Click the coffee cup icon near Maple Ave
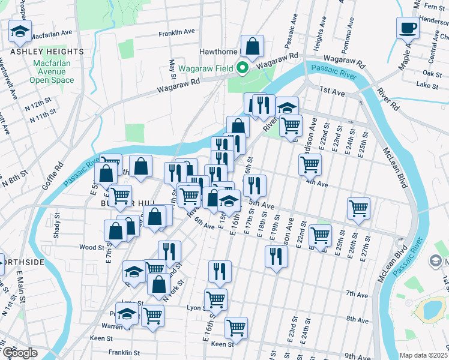click(x=408, y=28)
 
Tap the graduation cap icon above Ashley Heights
click(x=20, y=31)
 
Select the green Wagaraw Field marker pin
click(x=243, y=68)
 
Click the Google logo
click(x=19, y=353)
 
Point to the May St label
click(x=173, y=69)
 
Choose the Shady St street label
click(x=56, y=229)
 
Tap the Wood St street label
click(x=92, y=247)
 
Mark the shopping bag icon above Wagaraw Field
click(x=253, y=46)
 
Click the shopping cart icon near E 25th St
click(x=358, y=208)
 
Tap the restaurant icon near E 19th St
click(x=276, y=256)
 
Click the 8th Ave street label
click(x=357, y=320)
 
